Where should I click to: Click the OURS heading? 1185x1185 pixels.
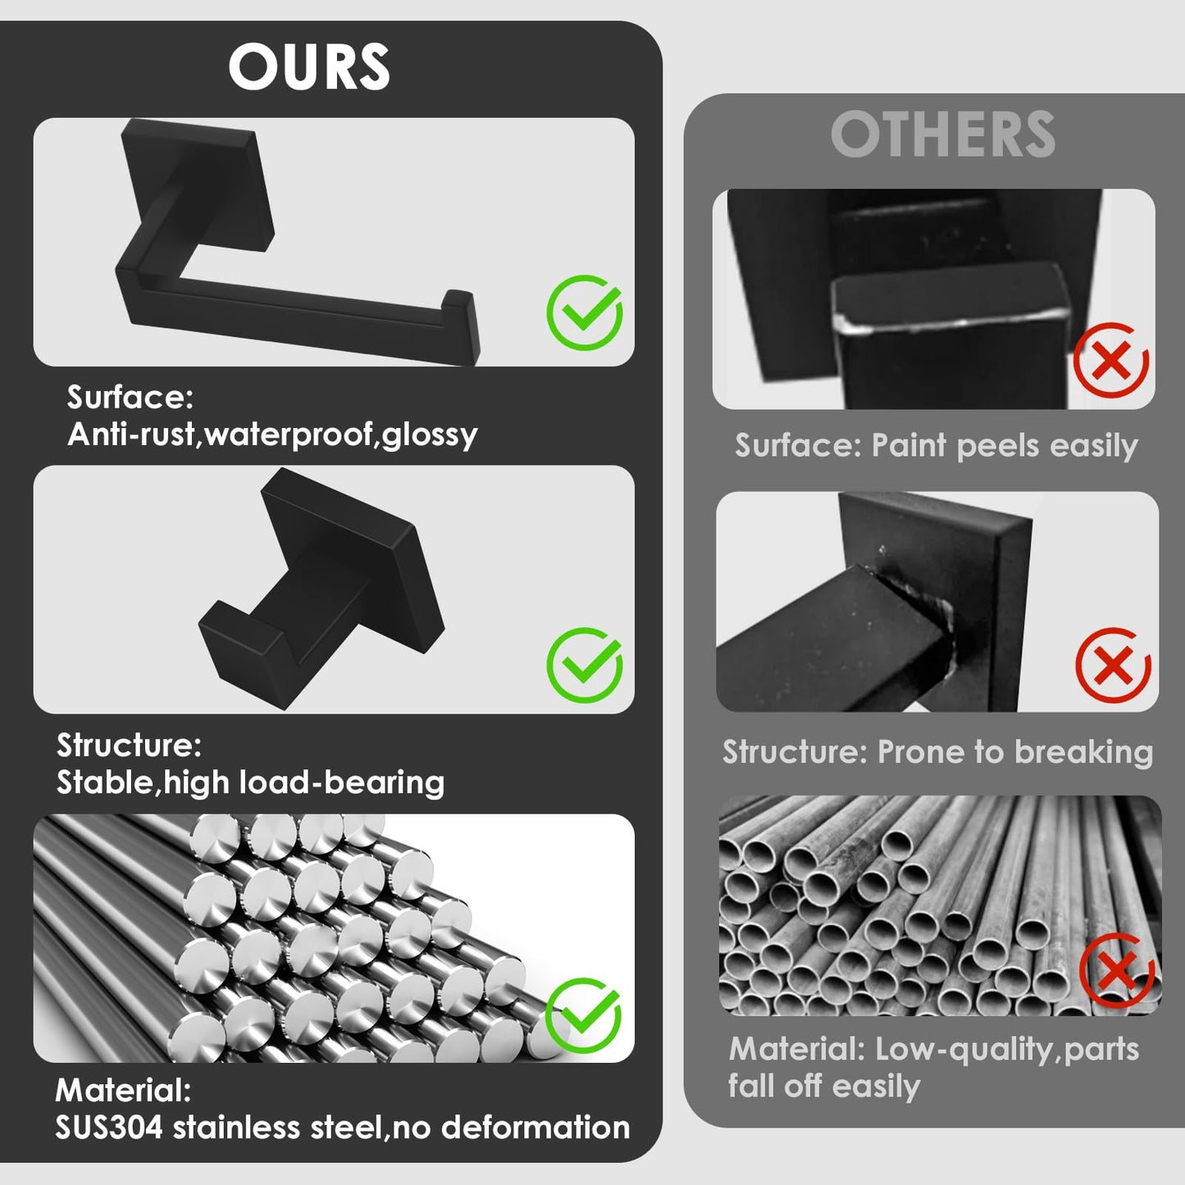(x=309, y=67)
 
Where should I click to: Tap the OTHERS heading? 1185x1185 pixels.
(x=943, y=134)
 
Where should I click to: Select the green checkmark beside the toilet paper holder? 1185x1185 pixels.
(x=585, y=312)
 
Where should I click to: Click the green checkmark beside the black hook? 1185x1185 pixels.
(x=585, y=665)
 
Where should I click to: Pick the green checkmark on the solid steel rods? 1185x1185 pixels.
(x=583, y=1015)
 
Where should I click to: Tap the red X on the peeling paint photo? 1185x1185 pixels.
(x=1111, y=360)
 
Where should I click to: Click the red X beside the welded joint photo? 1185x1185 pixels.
(x=1113, y=665)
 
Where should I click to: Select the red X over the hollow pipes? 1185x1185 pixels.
(x=1118, y=970)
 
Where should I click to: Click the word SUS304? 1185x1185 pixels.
(x=109, y=1128)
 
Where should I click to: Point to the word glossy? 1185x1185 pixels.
(x=429, y=435)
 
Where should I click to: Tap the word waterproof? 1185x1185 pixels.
(x=289, y=435)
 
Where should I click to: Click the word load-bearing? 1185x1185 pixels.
(x=341, y=783)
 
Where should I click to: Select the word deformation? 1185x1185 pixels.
(x=536, y=1128)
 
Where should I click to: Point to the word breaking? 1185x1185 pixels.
(x=1083, y=752)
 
